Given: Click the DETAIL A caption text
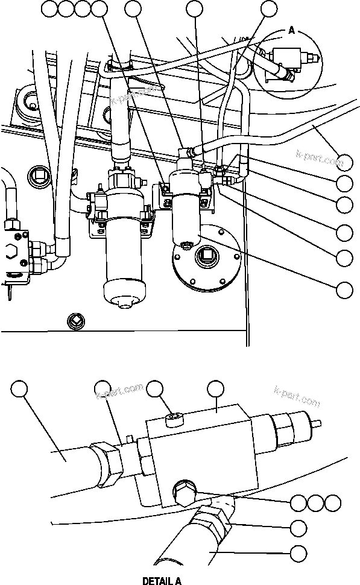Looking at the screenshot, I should click(x=161, y=581).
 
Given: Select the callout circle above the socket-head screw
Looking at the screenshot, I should click(x=157, y=390).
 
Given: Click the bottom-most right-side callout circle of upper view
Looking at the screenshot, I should click(x=344, y=290).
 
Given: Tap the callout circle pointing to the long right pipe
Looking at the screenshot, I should click(x=344, y=162).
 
